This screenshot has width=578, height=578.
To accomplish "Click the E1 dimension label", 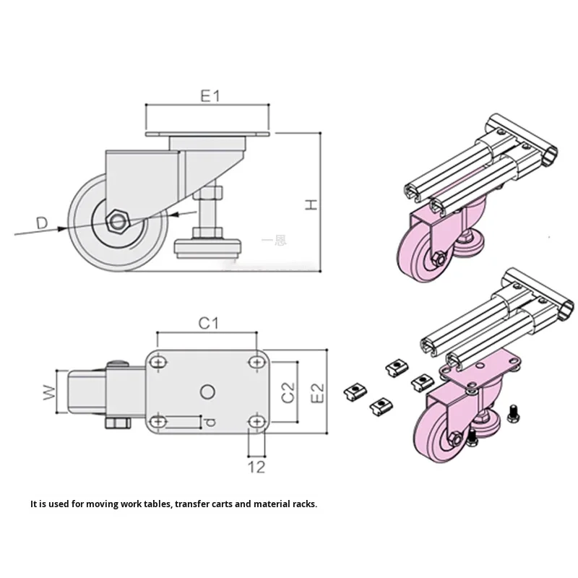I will (210, 96).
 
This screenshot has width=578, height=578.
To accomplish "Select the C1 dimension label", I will (208, 324).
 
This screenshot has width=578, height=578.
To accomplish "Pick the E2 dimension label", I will (316, 391).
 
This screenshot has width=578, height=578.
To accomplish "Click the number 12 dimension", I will (256, 467).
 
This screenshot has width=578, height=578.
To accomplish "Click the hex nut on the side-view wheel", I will (118, 220).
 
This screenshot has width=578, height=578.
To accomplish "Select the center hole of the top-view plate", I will (207, 391).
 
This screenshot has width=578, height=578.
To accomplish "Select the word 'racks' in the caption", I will (301, 504).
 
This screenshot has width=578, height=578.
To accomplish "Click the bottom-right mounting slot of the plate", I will (256, 420).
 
